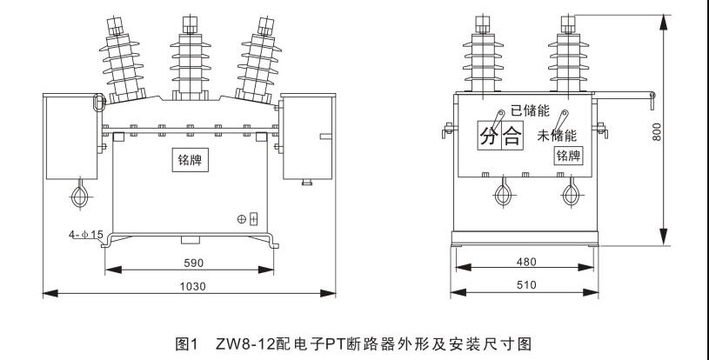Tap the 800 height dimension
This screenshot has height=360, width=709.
coord(659,130)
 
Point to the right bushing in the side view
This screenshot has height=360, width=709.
coord(568,52)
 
